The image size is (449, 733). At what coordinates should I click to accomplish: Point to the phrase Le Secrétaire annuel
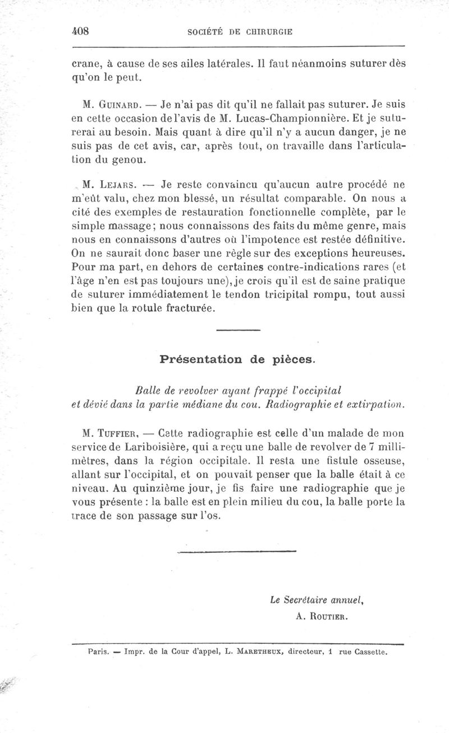(317, 600)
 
